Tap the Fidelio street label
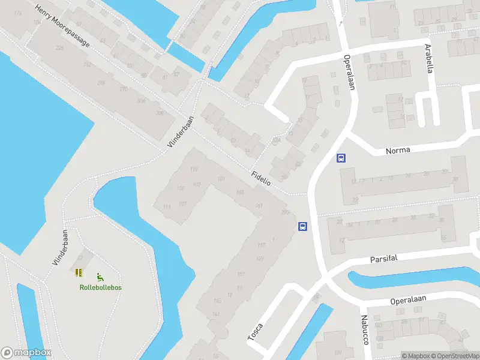tap(262, 178)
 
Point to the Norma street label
tap(398, 150)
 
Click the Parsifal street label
tap(384, 258)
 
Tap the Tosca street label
tap(255, 332)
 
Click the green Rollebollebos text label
tap(101, 287)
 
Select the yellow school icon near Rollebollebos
tap(79, 272)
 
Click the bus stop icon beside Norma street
tap(341, 158)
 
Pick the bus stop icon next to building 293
tap(303, 227)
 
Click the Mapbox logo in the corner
tap(26, 353)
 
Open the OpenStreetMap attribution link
tap(454, 356)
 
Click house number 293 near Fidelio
tap(285, 212)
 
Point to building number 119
tap(194, 170)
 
